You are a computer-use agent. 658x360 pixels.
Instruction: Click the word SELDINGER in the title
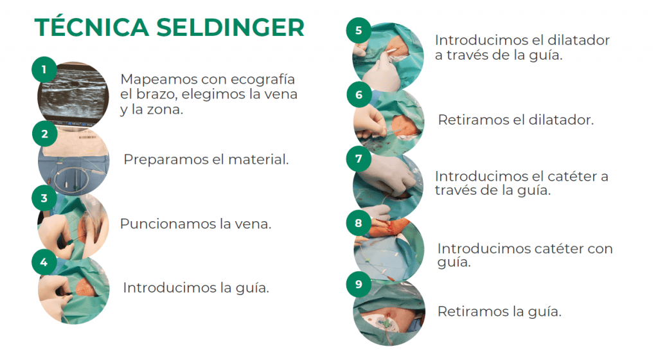[x=231, y=28]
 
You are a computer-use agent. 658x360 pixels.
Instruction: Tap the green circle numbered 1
[x=44, y=69]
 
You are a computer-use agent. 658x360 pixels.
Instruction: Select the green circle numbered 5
[x=359, y=30]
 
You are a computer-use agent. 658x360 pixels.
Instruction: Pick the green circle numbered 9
[x=359, y=284]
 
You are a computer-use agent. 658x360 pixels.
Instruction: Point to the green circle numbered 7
[x=359, y=159]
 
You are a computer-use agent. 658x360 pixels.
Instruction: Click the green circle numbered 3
[x=44, y=197]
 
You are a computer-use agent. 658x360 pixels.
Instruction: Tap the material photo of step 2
[x=73, y=161]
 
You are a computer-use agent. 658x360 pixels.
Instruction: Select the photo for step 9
[x=389, y=312]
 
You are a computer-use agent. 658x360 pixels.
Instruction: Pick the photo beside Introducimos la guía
[x=73, y=289]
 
